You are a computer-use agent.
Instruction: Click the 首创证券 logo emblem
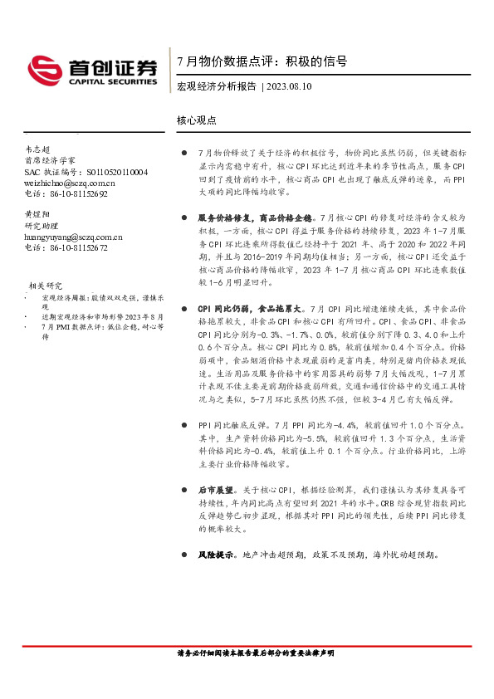click(42, 69)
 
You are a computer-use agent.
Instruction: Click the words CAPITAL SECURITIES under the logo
click(107, 83)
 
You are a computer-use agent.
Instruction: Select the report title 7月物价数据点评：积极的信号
click(262, 62)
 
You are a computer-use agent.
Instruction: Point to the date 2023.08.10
click(290, 86)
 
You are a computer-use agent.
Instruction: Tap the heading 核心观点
click(197, 120)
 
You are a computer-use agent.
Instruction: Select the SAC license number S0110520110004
click(106, 172)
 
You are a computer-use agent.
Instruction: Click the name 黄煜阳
click(38, 214)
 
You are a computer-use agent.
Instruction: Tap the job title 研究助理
click(43, 226)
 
